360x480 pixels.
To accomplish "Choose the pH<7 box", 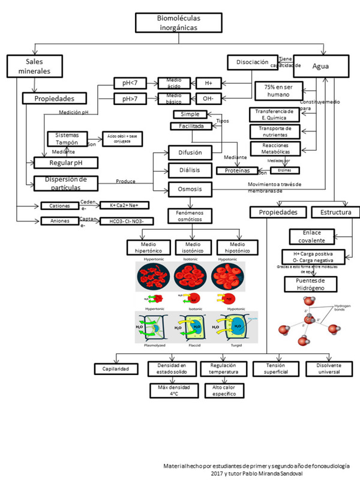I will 130,82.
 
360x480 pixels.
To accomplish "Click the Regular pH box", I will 66,163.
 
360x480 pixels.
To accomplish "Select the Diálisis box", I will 189,171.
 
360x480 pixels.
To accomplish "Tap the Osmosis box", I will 189,190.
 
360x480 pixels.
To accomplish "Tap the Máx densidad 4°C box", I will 172,392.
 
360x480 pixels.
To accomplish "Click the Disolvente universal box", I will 327,369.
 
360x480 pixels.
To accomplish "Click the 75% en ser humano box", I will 281,91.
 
